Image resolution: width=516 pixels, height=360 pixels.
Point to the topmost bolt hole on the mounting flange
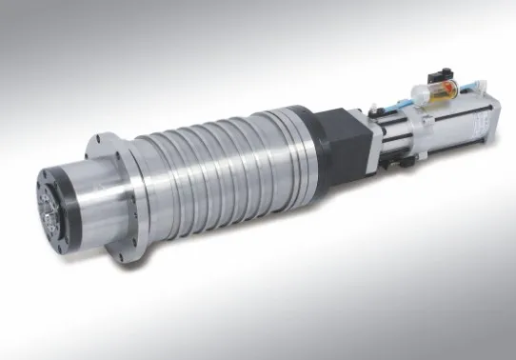[x=98, y=138]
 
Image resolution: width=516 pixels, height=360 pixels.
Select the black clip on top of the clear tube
[x=439, y=76]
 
